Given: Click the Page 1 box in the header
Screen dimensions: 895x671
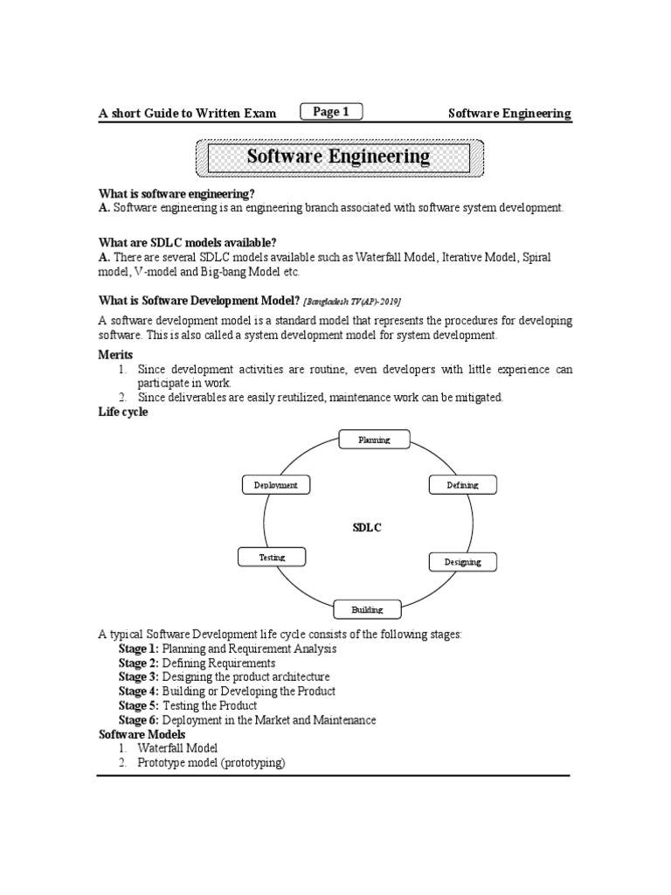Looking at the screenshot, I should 330,111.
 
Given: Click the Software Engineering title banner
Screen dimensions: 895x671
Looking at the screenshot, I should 337,157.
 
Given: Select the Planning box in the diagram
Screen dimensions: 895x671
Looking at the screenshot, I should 374,440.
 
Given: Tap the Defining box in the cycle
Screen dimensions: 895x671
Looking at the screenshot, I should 462,485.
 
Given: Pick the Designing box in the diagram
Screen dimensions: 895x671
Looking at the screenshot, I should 462,562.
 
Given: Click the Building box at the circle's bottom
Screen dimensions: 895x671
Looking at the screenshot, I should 367,608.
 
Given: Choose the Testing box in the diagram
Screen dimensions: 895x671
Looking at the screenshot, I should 272,557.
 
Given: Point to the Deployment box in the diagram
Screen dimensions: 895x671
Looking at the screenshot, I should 275,485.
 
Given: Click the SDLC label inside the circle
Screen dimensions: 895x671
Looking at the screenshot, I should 366,527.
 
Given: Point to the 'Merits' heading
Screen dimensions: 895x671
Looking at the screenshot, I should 115,355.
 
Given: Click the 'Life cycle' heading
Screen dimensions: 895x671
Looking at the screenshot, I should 122,412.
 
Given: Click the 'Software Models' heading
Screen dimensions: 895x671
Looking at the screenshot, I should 142,734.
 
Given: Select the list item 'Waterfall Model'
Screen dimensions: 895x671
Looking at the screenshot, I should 177,749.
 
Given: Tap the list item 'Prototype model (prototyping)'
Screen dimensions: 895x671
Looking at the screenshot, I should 211,763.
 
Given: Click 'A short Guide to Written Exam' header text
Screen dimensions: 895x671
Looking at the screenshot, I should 187,113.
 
